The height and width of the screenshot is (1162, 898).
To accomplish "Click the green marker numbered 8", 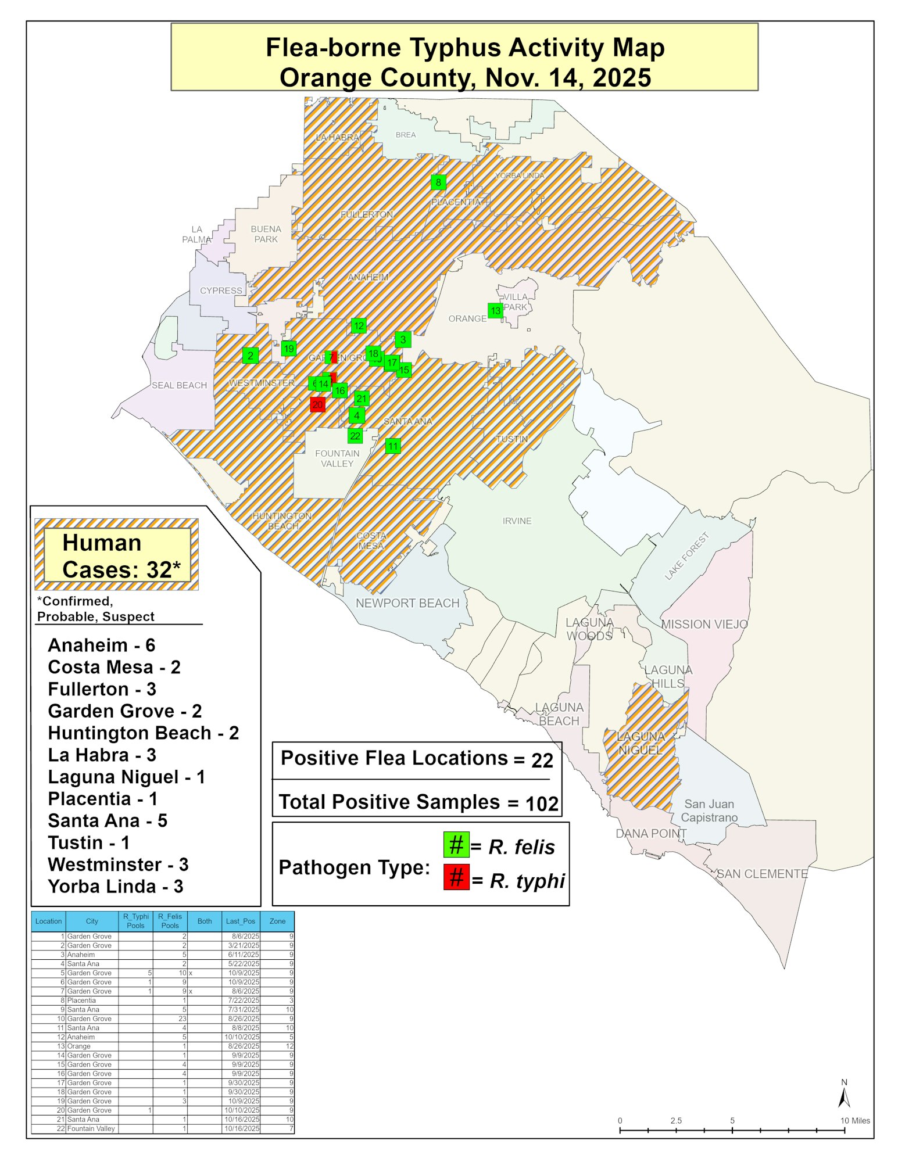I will tap(438, 182).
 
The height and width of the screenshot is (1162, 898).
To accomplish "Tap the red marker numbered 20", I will tap(317, 404).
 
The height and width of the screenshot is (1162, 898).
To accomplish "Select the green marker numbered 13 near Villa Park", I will tap(495, 310).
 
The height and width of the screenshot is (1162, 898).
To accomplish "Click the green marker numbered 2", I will tap(251, 355).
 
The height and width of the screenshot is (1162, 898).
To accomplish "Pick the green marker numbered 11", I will tap(393, 446).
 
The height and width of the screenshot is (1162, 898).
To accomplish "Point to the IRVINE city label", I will tap(517, 521).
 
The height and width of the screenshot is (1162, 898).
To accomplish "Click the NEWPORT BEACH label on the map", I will tap(407, 603).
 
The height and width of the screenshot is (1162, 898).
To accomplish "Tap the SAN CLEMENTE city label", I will tap(762, 874).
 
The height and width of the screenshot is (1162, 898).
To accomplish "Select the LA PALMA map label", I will tap(196, 234).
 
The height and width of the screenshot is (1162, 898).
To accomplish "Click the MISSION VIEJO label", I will tap(704, 625).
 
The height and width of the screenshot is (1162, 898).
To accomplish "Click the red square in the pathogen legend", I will tap(456, 877).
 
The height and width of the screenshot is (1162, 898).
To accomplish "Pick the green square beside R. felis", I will tap(456, 844).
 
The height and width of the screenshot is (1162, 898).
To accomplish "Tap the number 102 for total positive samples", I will tap(542, 804).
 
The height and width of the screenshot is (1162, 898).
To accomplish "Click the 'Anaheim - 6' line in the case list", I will tap(102, 645).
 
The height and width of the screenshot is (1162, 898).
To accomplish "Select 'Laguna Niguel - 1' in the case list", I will tap(126, 777).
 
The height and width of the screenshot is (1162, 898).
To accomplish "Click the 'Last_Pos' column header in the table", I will tap(241, 921).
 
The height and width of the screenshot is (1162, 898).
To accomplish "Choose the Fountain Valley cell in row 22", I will tap(91, 1128).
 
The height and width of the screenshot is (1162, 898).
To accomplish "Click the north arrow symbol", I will tap(844, 1098).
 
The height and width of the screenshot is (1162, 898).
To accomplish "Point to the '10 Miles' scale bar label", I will tap(855, 1121).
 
